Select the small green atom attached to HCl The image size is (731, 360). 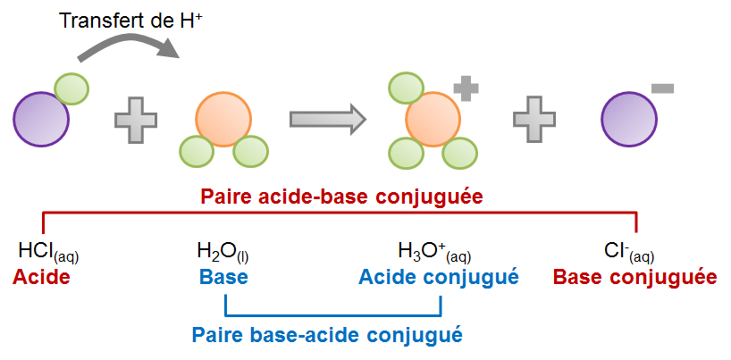71,88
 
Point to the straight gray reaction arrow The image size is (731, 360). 327,118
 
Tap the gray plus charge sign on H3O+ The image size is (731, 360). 466,88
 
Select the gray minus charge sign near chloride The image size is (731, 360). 663,88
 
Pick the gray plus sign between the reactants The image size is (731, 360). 136,120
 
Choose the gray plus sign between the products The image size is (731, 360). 534,120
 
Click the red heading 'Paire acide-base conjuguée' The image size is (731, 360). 343,196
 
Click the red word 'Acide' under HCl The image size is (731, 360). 41,278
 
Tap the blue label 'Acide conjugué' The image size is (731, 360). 439,278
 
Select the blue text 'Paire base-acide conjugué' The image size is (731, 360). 327,336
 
